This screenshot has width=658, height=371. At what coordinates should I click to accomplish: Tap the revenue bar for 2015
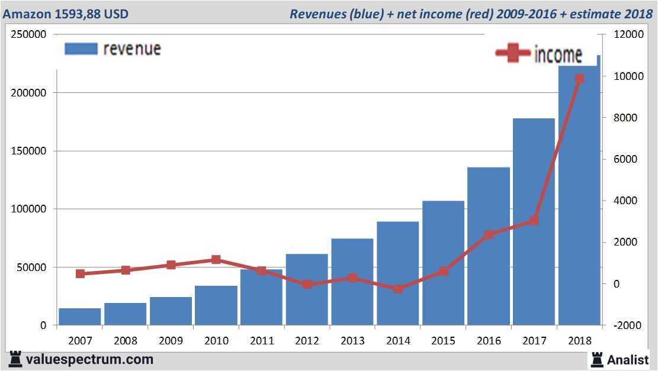(x=443, y=263)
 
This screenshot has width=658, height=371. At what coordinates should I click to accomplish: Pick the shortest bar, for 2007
(x=79, y=317)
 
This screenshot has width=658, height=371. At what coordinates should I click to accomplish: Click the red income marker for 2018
(x=579, y=79)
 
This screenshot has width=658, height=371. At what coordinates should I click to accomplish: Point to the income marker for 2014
(x=398, y=289)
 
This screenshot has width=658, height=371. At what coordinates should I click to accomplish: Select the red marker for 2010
(x=216, y=260)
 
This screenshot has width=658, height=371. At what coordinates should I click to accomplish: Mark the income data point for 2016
(x=489, y=235)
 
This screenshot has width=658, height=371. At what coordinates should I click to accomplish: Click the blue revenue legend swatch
(x=81, y=49)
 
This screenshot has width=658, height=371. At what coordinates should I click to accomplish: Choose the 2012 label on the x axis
(x=307, y=341)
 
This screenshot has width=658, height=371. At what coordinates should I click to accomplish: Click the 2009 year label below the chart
(x=171, y=341)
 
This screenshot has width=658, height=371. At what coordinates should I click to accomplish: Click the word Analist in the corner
(x=628, y=359)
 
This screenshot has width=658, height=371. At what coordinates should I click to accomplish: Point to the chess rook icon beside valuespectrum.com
(x=15, y=359)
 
